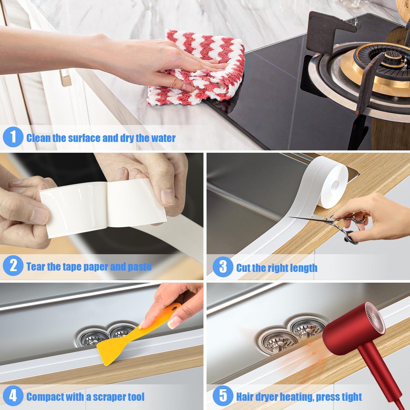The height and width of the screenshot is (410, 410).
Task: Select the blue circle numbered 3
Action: (223, 267)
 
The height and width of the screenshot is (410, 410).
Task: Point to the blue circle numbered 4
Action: (13, 396)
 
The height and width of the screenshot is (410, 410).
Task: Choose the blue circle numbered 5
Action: (223, 396)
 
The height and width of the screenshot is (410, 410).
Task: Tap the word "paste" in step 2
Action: (140, 267)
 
